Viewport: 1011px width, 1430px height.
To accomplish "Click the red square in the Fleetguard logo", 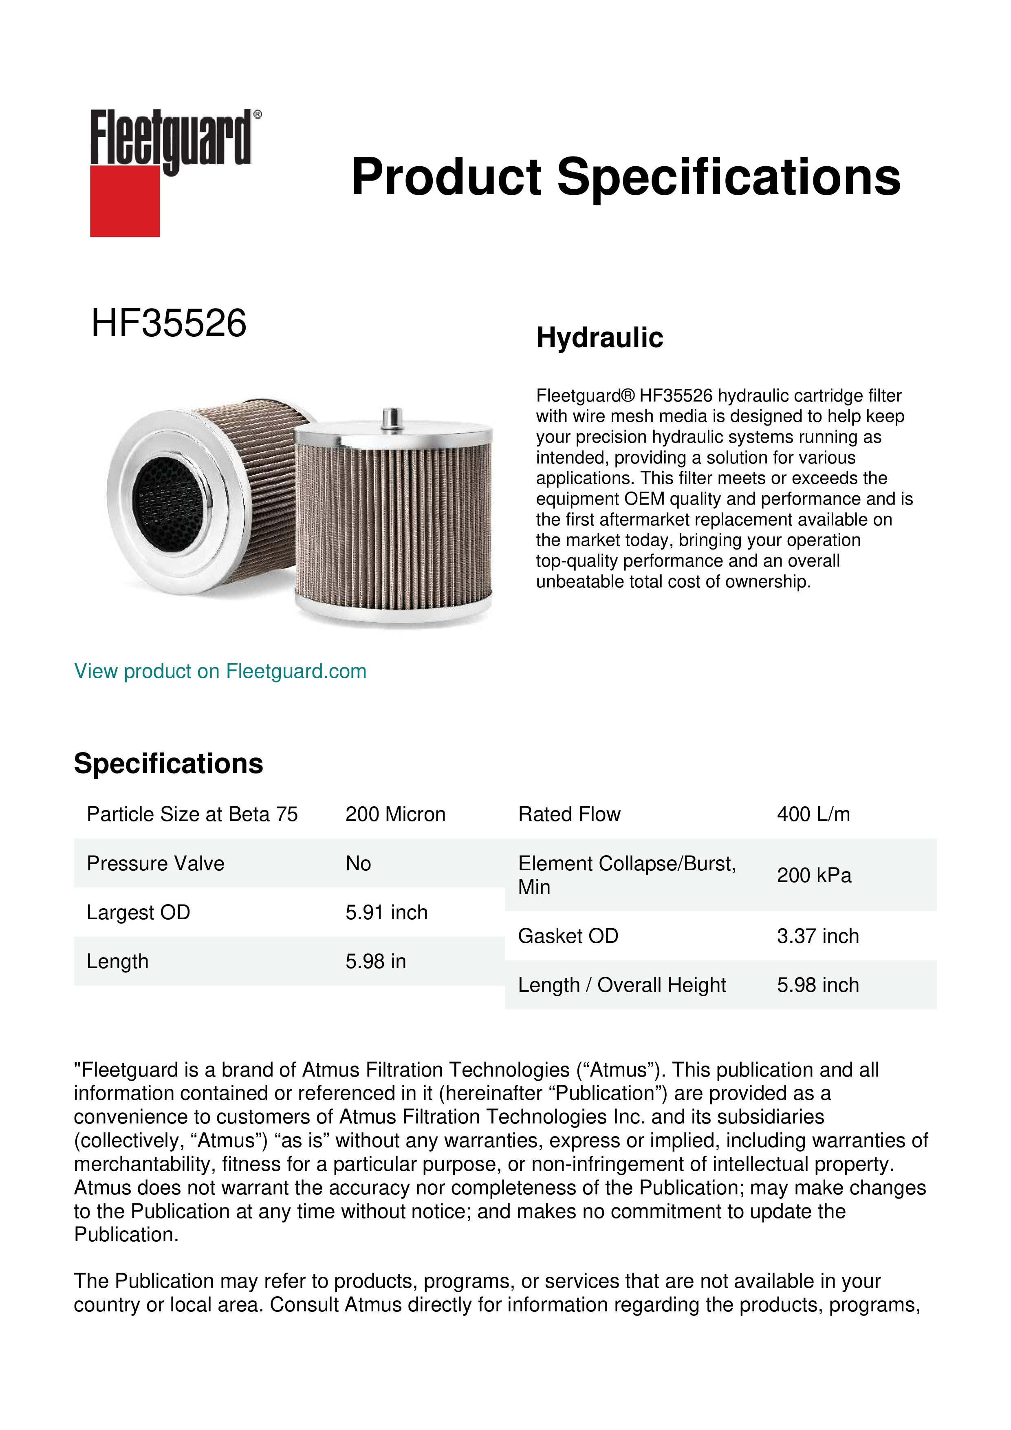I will [x=125, y=201].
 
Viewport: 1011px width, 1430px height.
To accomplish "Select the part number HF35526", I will [x=169, y=323].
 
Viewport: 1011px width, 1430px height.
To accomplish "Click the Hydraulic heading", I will [x=599, y=338].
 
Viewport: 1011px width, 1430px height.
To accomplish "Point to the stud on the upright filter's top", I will [x=391, y=417].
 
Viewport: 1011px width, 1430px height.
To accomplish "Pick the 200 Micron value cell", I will [x=395, y=814].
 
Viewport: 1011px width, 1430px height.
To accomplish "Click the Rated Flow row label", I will [x=569, y=814].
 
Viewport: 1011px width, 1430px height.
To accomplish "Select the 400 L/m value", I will [x=813, y=814].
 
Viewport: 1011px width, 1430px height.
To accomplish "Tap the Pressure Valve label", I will [x=155, y=863].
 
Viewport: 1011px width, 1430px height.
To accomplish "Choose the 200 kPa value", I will [x=814, y=875].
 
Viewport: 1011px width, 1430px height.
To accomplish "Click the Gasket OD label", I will [x=568, y=936].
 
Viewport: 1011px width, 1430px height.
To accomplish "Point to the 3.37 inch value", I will [x=817, y=936].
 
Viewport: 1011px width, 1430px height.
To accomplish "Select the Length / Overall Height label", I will [x=622, y=985].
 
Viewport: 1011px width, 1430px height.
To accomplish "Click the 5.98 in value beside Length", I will [x=375, y=961].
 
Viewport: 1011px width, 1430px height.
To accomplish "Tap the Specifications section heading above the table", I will [x=168, y=764].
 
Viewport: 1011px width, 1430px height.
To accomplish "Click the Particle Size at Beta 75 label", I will [x=192, y=814].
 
